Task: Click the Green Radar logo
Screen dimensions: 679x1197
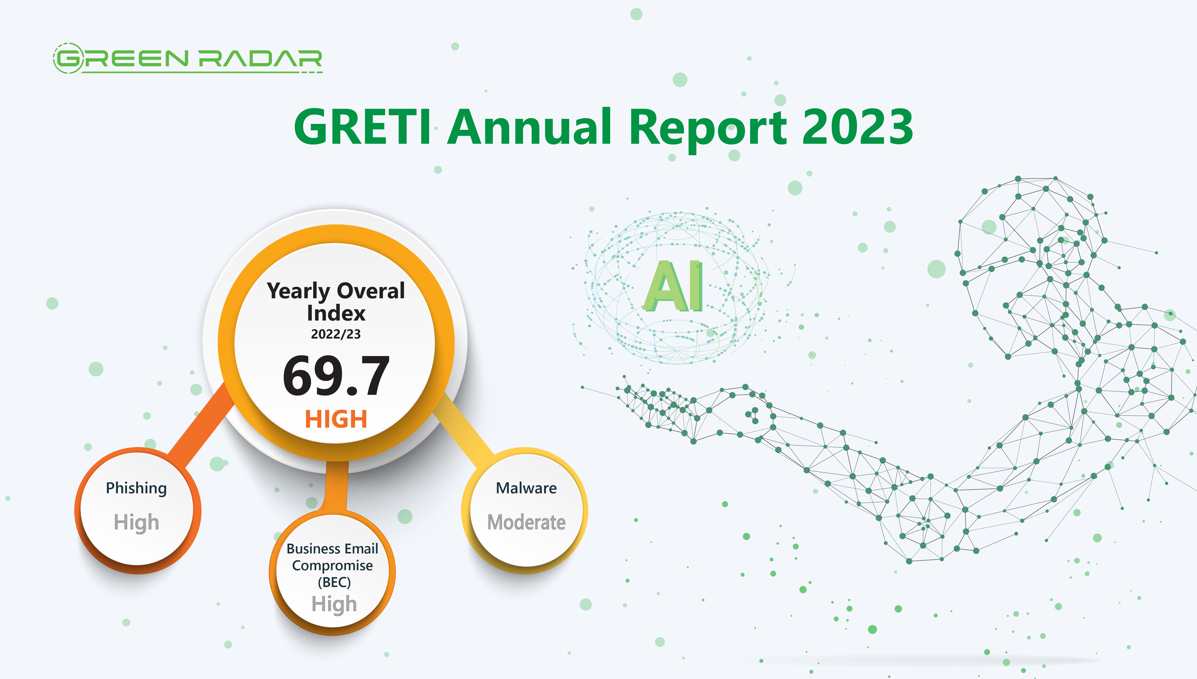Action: (187, 59)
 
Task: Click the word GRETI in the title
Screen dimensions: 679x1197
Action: (362, 127)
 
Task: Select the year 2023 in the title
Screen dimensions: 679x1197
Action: (857, 127)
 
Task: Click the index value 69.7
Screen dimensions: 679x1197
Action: (336, 376)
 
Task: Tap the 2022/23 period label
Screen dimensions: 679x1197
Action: (336, 334)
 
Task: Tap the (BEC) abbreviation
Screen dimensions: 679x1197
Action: (334, 582)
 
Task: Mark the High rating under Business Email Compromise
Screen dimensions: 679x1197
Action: (334, 604)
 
